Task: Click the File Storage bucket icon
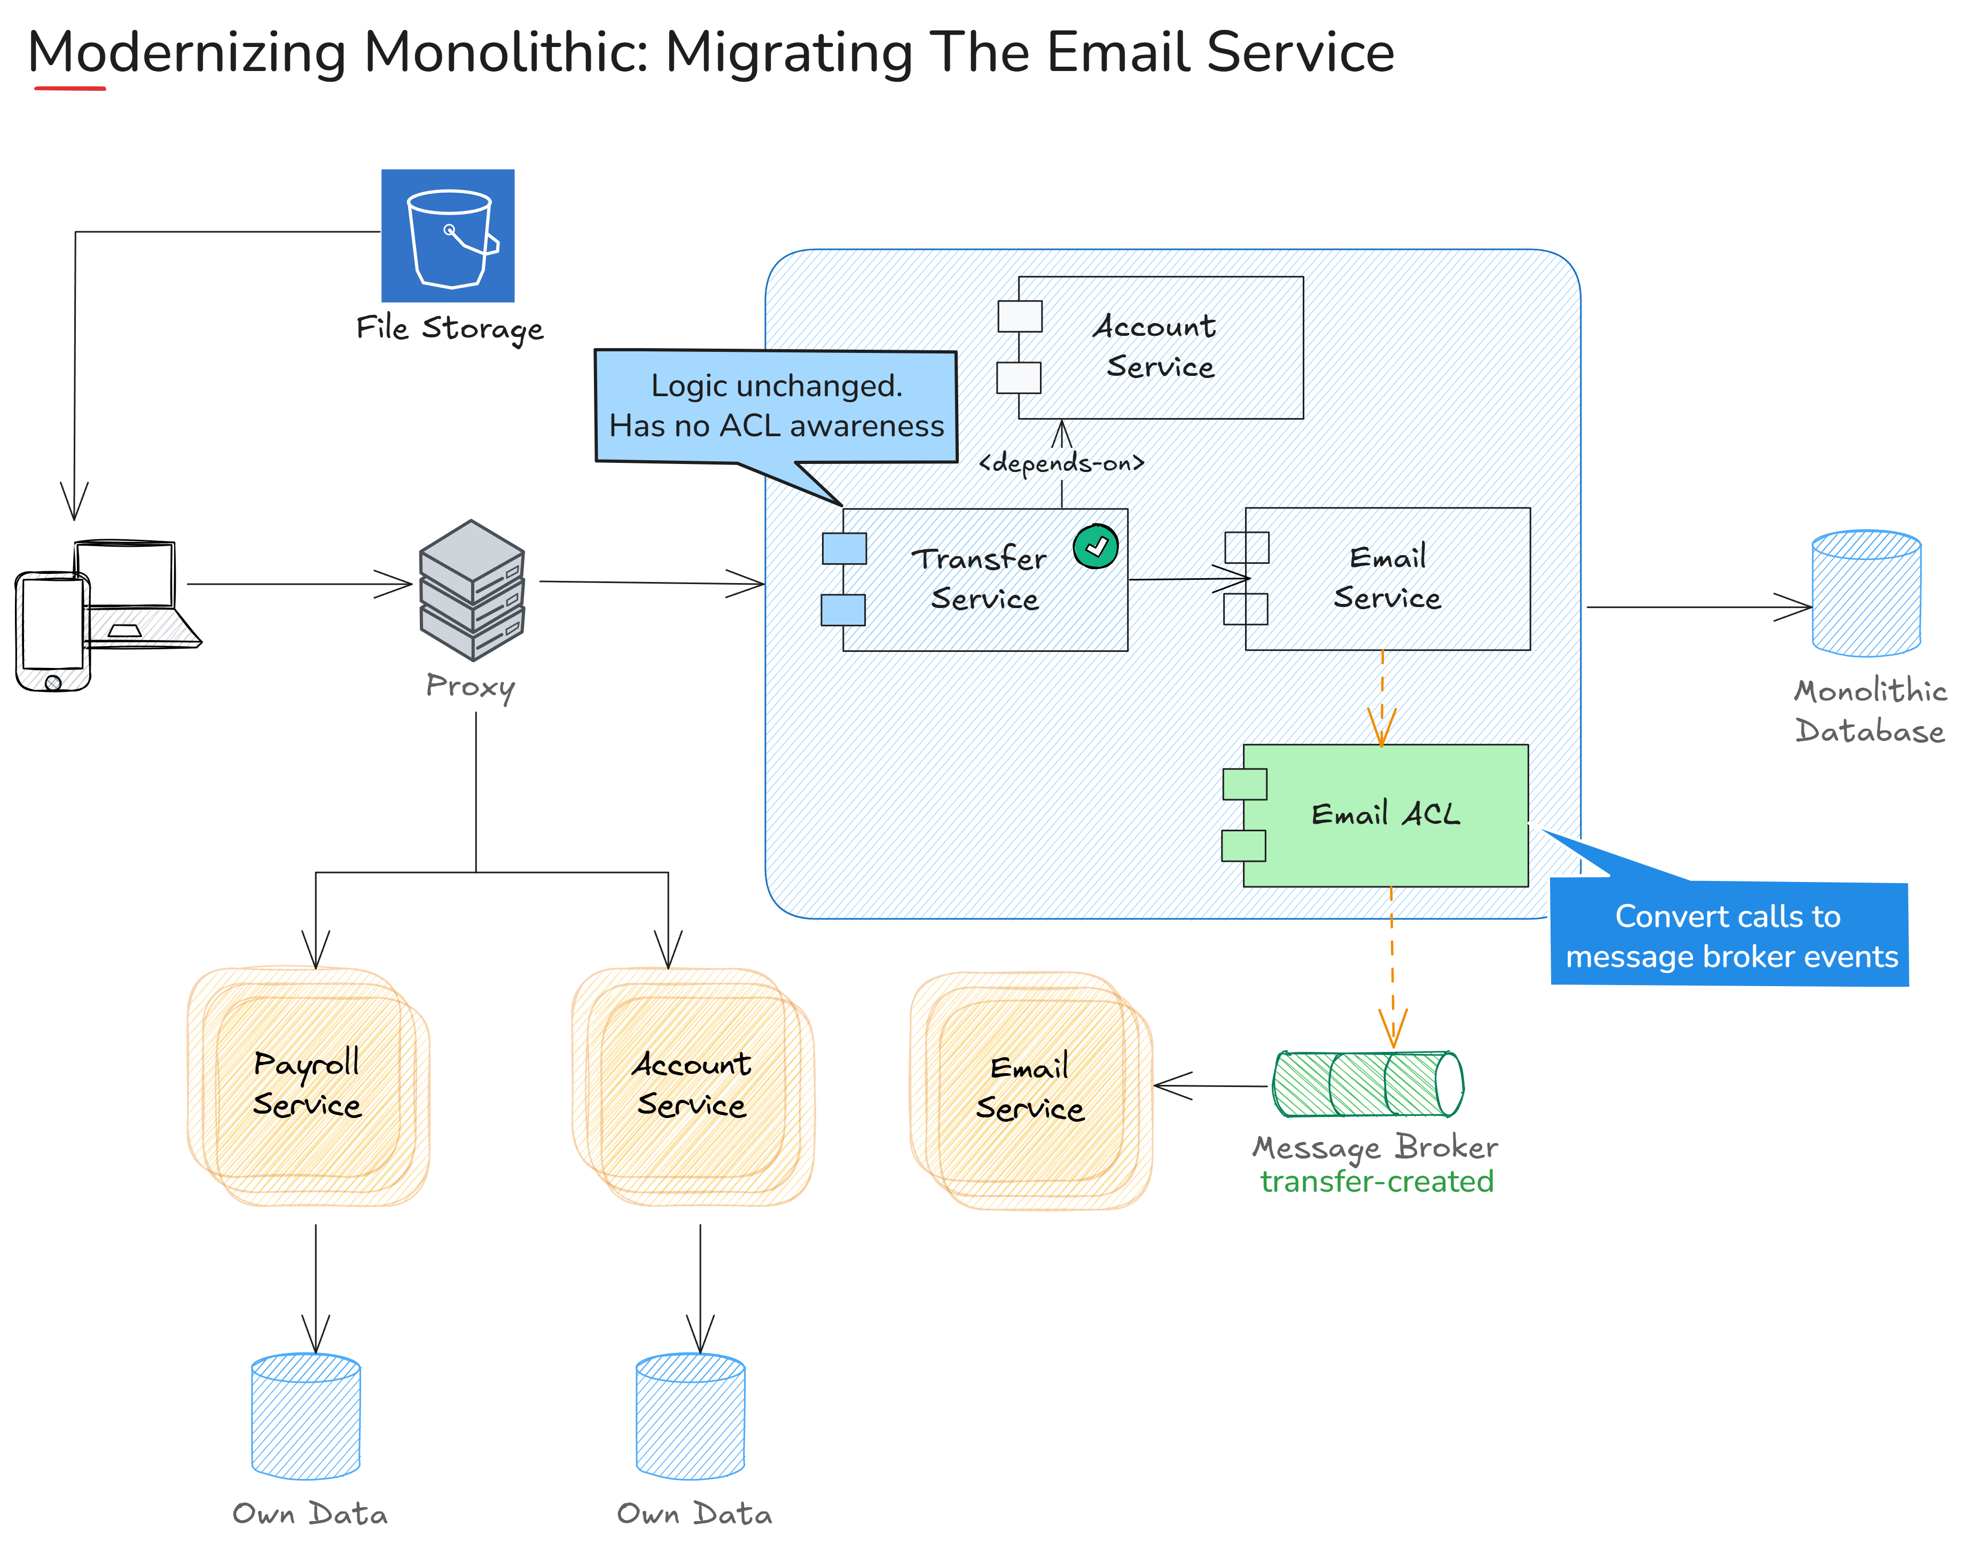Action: [447, 235]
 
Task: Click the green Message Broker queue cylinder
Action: [1367, 1084]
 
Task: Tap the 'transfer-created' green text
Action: [1376, 1182]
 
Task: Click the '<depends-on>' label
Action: [1061, 463]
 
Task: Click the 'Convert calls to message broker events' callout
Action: [1730, 935]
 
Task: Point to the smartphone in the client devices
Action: [53, 631]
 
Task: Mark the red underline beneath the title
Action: [70, 88]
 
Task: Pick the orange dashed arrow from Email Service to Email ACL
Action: [1382, 697]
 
